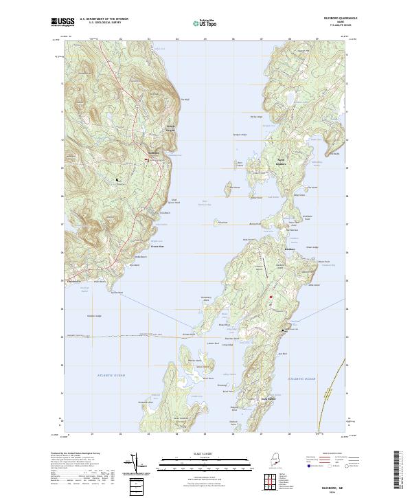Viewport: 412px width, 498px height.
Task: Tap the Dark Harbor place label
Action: pos(268,398)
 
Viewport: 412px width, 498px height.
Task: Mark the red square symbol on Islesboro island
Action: pos(271,297)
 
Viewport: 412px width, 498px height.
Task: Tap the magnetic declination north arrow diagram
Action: pos(136,464)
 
